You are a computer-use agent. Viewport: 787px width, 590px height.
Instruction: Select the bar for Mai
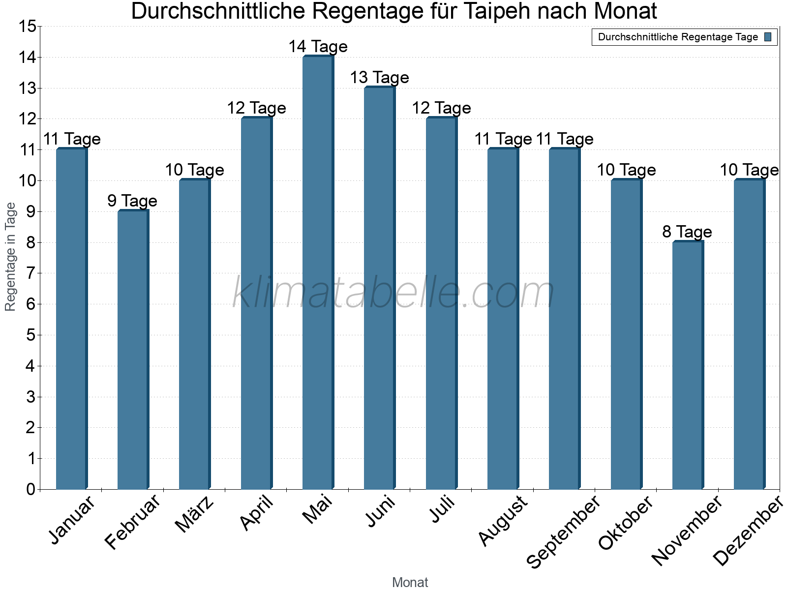pyautogui.click(x=318, y=273)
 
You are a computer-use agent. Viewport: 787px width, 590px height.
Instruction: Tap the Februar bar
pyautogui.click(x=133, y=350)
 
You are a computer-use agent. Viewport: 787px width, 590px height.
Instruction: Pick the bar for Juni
pyautogui.click(x=379, y=288)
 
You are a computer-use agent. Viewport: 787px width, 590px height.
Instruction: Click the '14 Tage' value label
pyautogui.click(x=318, y=47)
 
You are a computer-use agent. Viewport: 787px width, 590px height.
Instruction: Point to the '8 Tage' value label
pyautogui.click(x=687, y=232)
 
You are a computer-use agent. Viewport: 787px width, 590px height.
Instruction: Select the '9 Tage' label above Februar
pyautogui.click(x=132, y=201)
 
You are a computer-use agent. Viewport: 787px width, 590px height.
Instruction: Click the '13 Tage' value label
pyautogui.click(x=379, y=78)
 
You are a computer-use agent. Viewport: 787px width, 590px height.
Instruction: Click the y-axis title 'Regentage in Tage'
pyautogui.click(x=11, y=257)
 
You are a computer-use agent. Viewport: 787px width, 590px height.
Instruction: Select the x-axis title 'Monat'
pyautogui.click(x=410, y=582)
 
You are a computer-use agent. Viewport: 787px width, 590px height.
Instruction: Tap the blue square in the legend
pyautogui.click(x=768, y=37)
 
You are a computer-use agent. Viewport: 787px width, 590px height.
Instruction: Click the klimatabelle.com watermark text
pyautogui.click(x=393, y=293)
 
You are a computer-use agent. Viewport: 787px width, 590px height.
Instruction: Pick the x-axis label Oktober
pyautogui.click(x=626, y=523)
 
